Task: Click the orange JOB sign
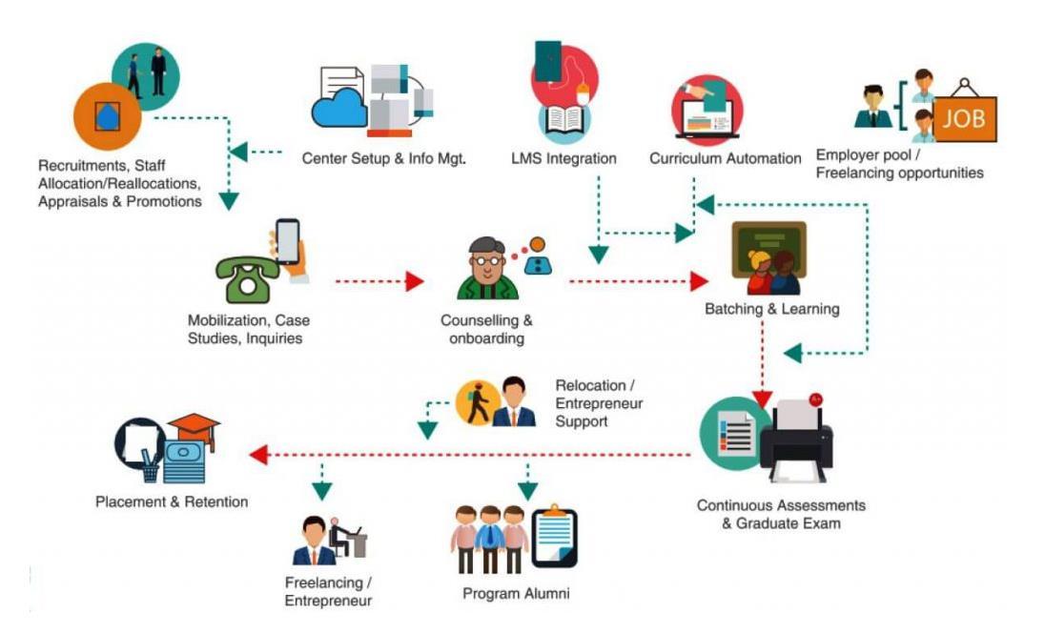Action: [x=964, y=119]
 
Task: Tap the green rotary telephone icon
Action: [x=247, y=278]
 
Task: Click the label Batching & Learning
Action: [x=771, y=309]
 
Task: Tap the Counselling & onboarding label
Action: [x=486, y=329]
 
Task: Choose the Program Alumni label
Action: [x=516, y=593]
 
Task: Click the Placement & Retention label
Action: [x=172, y=501]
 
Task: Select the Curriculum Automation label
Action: [x=726, y=158]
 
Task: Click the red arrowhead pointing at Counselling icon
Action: [x=414, y=281]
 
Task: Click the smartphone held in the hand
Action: [x=287, y=242]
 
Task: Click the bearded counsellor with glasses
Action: [x=487, y=269]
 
